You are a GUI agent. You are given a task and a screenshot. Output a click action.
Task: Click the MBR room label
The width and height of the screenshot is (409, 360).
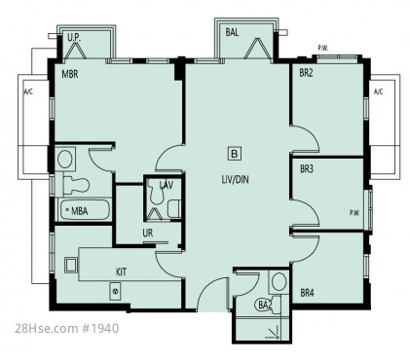70,74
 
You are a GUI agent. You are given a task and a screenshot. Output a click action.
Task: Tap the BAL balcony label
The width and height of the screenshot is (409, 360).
232,32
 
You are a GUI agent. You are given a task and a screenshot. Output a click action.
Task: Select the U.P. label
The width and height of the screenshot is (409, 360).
74,37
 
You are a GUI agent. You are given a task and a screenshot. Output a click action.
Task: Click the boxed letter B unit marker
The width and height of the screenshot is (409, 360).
235,153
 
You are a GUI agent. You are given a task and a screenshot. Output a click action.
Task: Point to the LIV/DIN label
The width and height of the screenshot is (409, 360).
236,179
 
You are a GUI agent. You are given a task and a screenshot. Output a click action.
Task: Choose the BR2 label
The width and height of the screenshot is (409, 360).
306,73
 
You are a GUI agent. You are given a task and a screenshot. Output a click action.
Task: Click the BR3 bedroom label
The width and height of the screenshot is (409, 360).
307,169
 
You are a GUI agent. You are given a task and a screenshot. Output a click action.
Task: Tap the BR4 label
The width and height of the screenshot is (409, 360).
307,293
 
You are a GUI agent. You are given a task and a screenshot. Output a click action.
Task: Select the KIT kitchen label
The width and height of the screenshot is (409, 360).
122,271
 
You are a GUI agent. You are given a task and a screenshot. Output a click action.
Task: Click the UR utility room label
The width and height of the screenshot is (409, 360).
148,233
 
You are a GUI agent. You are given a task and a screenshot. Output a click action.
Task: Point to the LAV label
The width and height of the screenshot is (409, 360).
167,185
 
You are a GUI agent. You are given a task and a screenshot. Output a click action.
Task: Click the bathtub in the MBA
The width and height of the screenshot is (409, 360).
84,210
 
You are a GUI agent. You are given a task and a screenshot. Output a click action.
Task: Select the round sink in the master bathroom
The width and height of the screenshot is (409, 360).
65,159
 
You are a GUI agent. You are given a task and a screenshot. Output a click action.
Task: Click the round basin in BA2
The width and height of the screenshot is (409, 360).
279,281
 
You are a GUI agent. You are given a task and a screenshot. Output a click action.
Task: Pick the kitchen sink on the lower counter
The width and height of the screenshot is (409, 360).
116,291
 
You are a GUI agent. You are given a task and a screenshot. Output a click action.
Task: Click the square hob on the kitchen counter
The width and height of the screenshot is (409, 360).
71,265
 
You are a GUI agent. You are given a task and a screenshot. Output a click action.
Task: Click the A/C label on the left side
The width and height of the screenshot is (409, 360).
28,91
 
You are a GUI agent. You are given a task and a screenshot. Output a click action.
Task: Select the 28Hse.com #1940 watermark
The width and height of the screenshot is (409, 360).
67,328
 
